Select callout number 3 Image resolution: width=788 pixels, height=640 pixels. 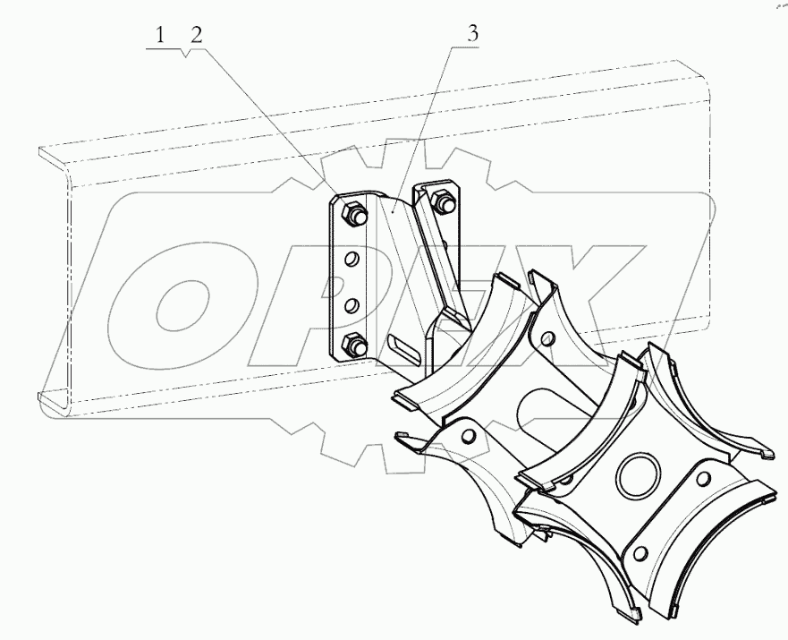[x=472, y=34]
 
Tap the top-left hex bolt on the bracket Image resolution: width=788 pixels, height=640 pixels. [x=351, y=212]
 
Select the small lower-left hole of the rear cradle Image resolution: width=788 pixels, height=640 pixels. [x=466, y=434]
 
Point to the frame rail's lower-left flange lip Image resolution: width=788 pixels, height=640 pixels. [x=54, y=401]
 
